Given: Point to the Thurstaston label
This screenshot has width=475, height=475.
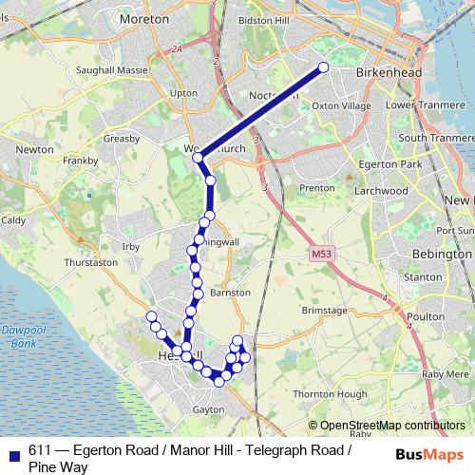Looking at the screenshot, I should [90, 261].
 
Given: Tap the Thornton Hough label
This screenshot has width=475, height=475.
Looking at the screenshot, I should [330, 393].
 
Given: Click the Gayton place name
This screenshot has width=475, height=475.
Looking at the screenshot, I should [208, 409].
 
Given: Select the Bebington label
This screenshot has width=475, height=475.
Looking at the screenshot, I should [442, 255].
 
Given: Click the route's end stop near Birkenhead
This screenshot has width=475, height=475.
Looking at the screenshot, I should [323, 66].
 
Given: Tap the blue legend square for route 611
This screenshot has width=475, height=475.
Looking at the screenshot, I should [14, 452].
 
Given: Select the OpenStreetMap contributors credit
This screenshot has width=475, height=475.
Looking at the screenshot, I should [394, 426].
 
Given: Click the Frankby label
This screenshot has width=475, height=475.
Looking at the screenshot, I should [80, 161].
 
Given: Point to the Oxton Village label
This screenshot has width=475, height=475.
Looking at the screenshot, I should [341, 105].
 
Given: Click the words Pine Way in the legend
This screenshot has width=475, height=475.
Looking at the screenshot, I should [58, 466].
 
